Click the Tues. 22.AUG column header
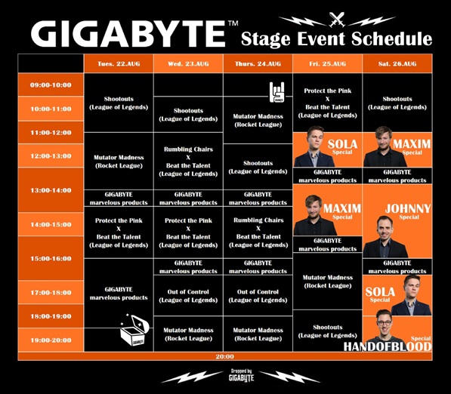[x=119, y=64]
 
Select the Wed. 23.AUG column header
[x=187, y=64]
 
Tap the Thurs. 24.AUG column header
[x=258, y=64]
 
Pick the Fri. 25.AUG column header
[x=328, y=64]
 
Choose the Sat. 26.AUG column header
[x=397, y=64]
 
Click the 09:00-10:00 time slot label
[x=51, y=85]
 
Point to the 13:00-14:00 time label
[x=51, y=190]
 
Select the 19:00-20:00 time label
[x=51, y=340]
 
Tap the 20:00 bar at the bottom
[x=224, y=356]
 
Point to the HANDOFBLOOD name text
[x=388, y=347]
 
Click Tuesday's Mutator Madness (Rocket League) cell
[x=119, y=162]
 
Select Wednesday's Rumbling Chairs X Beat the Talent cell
[x=187, y=162]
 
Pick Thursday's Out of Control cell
[x=258, y=296]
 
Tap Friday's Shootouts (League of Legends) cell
[x=328, y=331]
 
